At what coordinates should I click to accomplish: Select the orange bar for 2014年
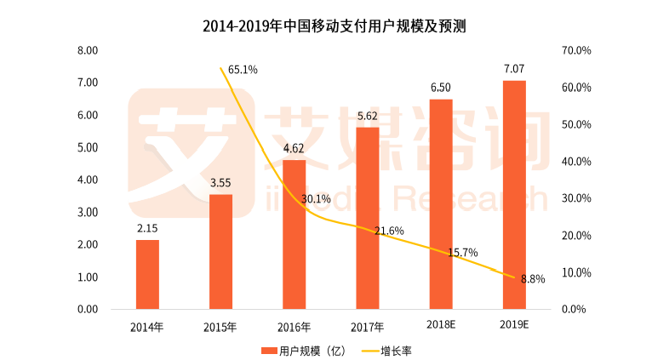click(x=147, y=274)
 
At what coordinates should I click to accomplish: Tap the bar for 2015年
click(x=220, y=252)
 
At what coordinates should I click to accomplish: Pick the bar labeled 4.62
click(x=294, y=234)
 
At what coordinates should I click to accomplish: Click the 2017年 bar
click(x=367, y=218)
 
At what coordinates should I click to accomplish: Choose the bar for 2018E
click(x=441, y=204)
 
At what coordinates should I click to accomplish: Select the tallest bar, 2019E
click(x=514, y=195)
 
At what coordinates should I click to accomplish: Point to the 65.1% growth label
click(x=243, y=69)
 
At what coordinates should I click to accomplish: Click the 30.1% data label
click(x=316, y=199)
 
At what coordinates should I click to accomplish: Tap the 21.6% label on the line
click(x=390, y=231)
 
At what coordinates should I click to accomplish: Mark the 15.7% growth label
click(x=463, y=253)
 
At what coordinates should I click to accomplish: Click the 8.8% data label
click(x=533, y=278)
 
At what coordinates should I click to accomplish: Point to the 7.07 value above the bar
click(x=514, y=68)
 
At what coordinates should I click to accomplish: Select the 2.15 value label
click(x=147, y=228)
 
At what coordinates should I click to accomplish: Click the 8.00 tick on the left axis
click(x=89, y=51)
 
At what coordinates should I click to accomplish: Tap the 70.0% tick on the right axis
click(x=577, y=51)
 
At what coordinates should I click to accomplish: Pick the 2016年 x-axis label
click(x=294, y=326)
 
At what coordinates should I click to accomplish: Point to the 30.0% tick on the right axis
click(x=577, y=198)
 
